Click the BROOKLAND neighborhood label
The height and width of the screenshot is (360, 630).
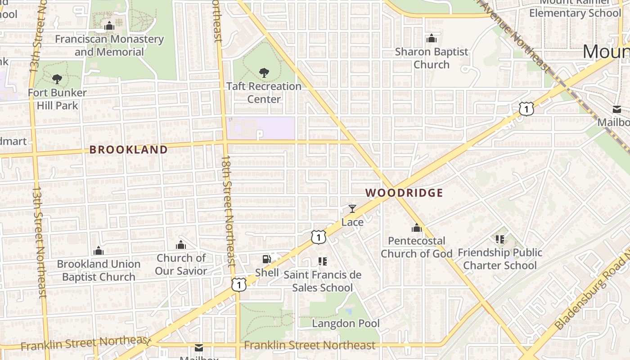click(x=128, y=150)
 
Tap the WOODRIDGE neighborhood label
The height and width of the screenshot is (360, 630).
click(x=404, y=193)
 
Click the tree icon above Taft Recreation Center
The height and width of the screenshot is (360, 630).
click(x=264, y=72)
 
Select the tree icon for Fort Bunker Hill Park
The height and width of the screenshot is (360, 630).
click(x=57, y=79)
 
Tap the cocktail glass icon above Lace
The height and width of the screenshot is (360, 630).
click(x=352, y=209)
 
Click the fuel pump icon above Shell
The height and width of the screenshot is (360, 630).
click(x=267, y=259)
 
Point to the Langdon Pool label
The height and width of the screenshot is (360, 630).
click(x=346, y=323)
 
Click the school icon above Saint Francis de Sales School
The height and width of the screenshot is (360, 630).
click(x=322, y=261)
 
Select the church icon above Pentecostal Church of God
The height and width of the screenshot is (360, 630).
click(x=417, y=228)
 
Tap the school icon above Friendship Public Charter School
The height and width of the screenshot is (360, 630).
click(x=499, y=239)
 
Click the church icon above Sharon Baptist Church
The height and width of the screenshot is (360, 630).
click(x=432, y=39)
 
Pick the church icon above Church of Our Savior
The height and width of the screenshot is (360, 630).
click(x=181, y=245)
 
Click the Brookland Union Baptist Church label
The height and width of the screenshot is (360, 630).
click(x=99, y=270)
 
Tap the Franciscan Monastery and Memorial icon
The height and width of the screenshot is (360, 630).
click(x=109, y=26)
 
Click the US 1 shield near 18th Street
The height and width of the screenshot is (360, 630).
click(x=239, y=284)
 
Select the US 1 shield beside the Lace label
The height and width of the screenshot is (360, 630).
click(x=318, y=237)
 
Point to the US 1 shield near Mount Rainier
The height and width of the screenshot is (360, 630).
click(x=526, y=108)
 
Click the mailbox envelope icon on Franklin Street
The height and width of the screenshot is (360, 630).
click(x=199, y=347)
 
